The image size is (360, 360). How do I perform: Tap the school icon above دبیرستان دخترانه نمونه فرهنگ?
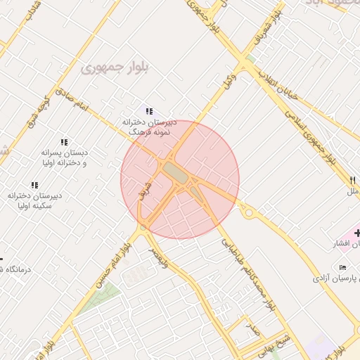click(x=148, y=110)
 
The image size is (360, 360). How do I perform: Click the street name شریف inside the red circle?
click(x=148, y=189)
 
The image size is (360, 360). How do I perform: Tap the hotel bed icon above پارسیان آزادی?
click(x=342, y=268)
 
